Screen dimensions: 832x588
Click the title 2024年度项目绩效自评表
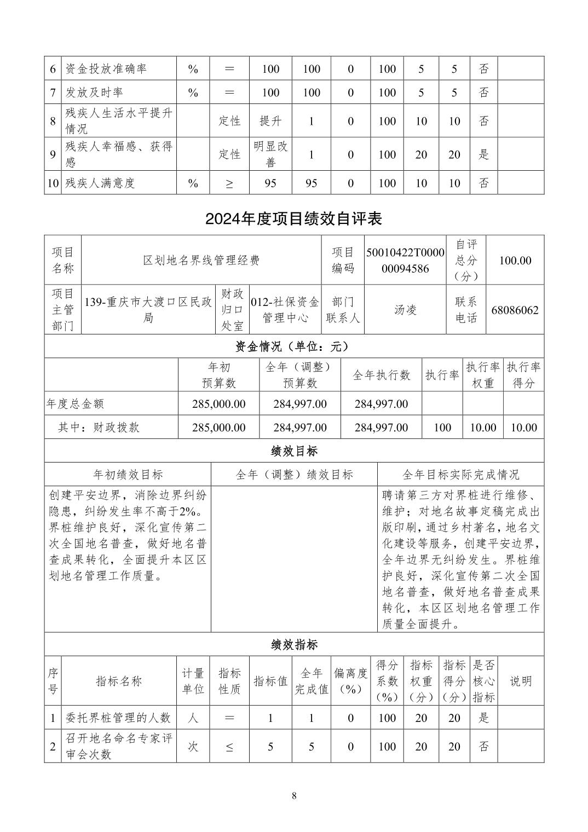tap(293, 219)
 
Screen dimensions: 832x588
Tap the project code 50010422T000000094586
tap(405, 260)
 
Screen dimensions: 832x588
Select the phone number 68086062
tap(515, 310)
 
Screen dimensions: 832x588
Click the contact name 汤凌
tap(405, 310)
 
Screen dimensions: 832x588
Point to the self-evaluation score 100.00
tap(515, 260)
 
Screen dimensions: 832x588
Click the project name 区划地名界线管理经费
tap(201, 260)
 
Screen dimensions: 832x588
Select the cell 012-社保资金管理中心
tap(285, 310)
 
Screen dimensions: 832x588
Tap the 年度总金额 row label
tap(75, 404)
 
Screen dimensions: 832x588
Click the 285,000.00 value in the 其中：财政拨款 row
tap(219, 427)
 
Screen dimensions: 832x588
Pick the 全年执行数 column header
tap(381, 375)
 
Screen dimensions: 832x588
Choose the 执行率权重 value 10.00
tap(483, 427)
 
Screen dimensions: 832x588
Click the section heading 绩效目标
tap(294, 451)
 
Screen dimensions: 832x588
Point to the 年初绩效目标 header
tap(128, 475)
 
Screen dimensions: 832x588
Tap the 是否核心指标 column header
tap(483, 681)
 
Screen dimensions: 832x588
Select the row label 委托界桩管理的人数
tap(118, 718)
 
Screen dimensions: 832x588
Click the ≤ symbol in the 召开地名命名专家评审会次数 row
tap(229, 747)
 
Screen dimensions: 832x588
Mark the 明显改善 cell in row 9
tap(270, 154)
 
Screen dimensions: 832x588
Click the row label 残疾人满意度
tap(100, 183)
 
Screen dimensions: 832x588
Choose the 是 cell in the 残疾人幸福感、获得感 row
tap(483, 154)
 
